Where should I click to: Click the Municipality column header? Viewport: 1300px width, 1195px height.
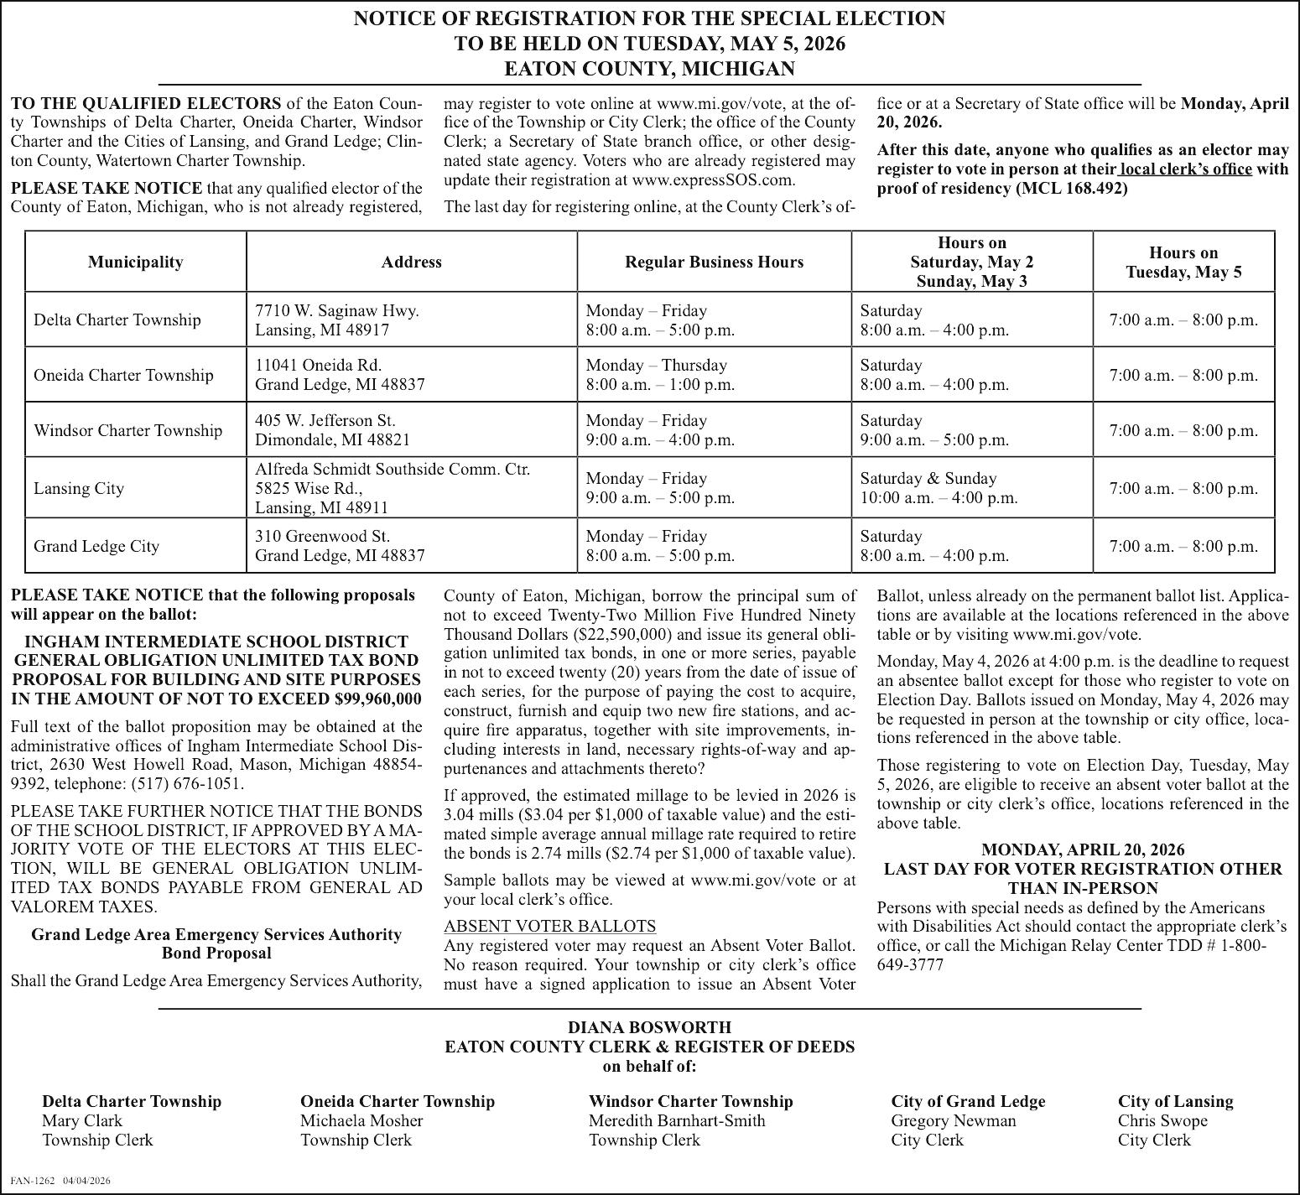(135, 262)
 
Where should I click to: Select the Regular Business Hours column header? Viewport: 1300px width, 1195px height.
(714, 262)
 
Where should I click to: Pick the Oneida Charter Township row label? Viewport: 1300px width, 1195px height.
(123, 375)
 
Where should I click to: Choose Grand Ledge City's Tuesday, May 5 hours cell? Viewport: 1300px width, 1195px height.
(1183, 546)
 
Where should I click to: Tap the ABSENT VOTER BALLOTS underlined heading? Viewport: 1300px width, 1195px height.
(549, 926)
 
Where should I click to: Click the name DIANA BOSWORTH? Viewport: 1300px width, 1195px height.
(649, 1027)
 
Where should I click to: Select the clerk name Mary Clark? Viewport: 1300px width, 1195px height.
(82, 1120)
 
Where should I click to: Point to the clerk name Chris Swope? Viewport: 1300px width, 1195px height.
(1162, 1120)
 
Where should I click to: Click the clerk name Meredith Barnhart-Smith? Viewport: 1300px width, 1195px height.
(677, 1120)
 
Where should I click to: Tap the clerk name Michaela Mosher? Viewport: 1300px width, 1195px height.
(361, 1120)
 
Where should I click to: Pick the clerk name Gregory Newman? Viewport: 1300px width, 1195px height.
(954, 1120)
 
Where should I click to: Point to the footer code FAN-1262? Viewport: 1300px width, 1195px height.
(33, 1181)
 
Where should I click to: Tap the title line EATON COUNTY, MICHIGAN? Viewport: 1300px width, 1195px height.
(649, 69)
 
